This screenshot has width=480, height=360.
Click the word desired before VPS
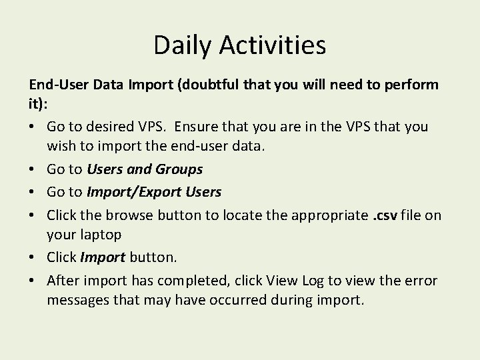(x=112, y=127)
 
